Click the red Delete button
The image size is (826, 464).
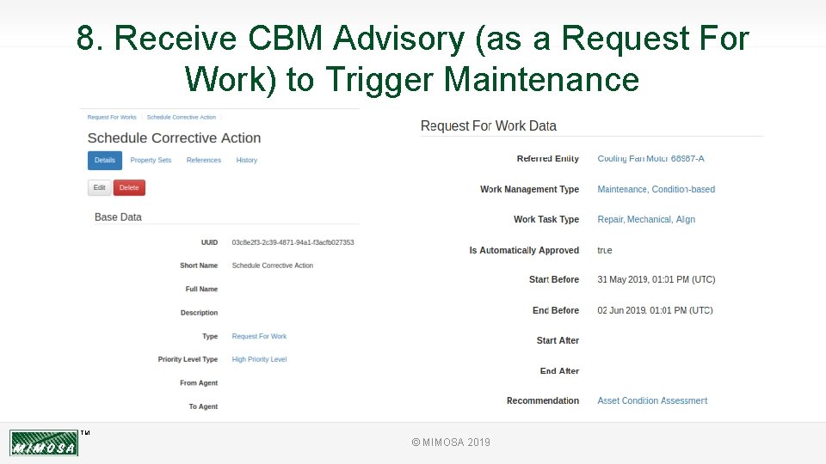pyautogui.click(x=129, y=187)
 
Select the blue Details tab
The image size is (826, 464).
pyautogui.click(x=105, y=160)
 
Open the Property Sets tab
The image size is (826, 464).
pyautogui.click(x=151, y=160)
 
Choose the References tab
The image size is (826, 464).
pyautogui.click(x=204, y=160)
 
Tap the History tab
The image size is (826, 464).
pyautogui.click(x=247, y=160)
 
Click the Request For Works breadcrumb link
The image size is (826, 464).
pyautogui.click(x=112, y=117)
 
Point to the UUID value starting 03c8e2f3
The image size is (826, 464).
pyautogui.click(x=293, y=242)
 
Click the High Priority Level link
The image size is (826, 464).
pyautogui.click(x=259, y=359)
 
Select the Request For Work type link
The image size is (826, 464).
pyautogui.click(x=259, y=336)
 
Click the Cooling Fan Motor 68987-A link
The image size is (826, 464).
pyautogui.click(x=650, y=159)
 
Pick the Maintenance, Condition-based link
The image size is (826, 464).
pyautogui.click(x=656, y=189)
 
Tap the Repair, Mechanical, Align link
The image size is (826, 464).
pyautogui.click(x=646, y=220)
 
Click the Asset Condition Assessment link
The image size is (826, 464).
pyautogui.click(x=652, y=401)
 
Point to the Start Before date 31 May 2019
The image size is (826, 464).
pyautogui.click(x=656, y=280)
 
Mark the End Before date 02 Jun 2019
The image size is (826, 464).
pyautogui.click(x=655, y=310)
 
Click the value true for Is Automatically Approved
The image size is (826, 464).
pyautogui.click(x=605, y=250)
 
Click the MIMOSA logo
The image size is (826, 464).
pyautogui.click(x=44, y=443)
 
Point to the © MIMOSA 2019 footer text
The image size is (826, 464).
pyautogui.click(x=451, y=443)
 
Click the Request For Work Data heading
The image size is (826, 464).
pyautogui.click(x=488, y=126)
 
